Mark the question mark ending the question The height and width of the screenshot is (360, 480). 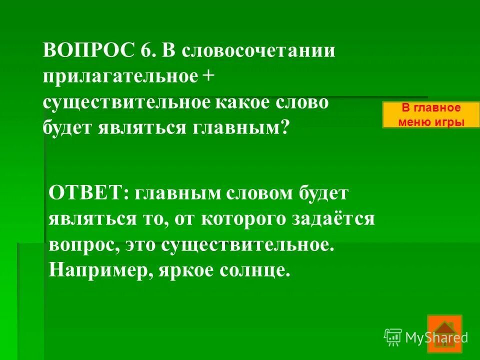pos(284,128)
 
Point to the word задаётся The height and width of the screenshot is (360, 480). pos(340,219)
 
